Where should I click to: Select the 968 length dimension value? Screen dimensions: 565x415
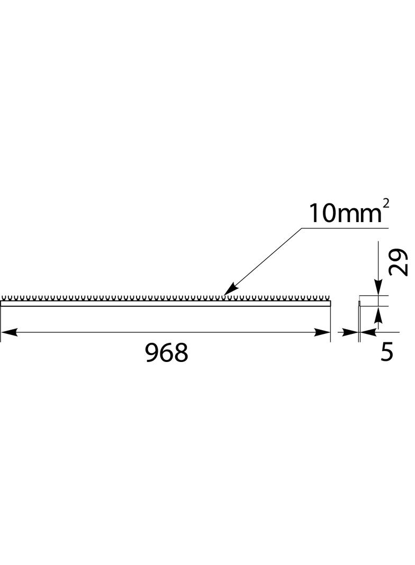point(166,352)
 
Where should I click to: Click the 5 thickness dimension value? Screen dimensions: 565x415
point(387,352)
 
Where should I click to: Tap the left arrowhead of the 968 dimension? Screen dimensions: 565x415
point(8,332)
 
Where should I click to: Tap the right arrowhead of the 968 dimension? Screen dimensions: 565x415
point(322,332)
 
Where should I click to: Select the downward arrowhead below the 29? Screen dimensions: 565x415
point(378,287)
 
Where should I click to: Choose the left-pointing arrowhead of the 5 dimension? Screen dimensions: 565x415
point(368,332)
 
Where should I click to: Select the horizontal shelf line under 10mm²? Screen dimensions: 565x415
point(344,228)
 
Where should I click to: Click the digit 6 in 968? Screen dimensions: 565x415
point(166,352)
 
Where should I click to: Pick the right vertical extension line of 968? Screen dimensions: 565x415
point(330,323)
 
